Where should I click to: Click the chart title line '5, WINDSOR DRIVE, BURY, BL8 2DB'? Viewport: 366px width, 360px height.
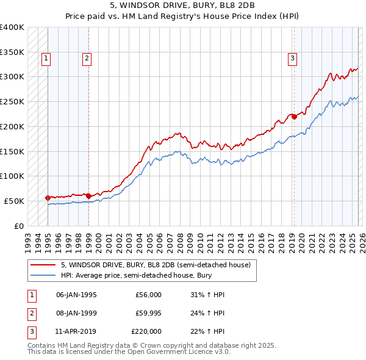tap(184, 5)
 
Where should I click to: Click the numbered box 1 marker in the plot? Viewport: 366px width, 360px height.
tap(47, 59)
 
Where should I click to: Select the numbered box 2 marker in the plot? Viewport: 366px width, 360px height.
tap(87, 59)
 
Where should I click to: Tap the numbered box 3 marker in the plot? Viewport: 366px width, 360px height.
tap(292, 59)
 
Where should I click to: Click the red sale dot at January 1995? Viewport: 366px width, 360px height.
tap(48, 198)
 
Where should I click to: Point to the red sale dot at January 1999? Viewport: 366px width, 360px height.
tap(88, 196)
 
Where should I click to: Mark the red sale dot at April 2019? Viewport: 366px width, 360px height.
tap(293, 116)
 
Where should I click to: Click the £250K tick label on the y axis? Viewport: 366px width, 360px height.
tap(12, 102)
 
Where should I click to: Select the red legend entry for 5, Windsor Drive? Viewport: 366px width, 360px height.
tap(156, 265)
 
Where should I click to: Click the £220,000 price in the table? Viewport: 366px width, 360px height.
tap(146, 331)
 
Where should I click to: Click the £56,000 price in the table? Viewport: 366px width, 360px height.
tap(148, 295)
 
